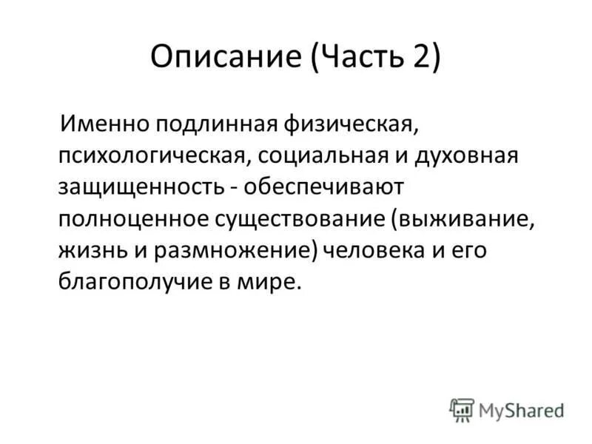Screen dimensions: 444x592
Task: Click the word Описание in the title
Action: tap(223, 58)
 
